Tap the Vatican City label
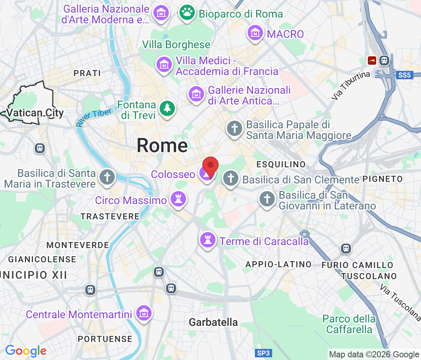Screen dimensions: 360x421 pos(35,113)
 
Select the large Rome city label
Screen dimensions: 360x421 pos(162,146)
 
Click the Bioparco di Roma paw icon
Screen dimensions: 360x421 pos(187,13)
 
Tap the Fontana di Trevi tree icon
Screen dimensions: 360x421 pos(167,108)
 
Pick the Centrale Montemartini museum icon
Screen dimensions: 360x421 pos(144,314)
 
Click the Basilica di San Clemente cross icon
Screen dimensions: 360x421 pos(230,178)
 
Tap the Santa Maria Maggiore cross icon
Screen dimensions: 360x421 pos(234,128)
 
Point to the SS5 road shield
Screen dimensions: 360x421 pos(404,75)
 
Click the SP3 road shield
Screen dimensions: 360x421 pos(264,353)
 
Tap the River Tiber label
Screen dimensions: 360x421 pos(94,117)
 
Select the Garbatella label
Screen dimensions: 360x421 pos(213,322)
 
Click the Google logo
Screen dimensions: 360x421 pos(26,350)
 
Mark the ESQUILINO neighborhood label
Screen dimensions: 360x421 pos(281,164)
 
